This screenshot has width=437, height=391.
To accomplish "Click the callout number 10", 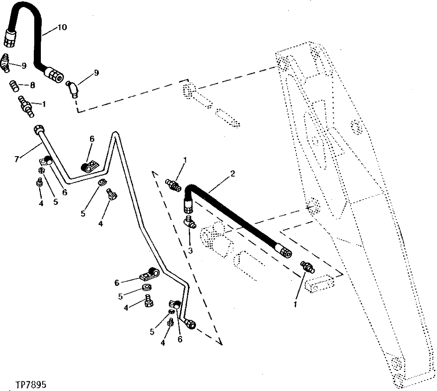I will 61,27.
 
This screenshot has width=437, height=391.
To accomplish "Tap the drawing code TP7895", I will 30,384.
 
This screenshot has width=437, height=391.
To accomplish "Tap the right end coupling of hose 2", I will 283,252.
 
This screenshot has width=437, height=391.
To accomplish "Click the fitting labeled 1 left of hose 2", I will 173,184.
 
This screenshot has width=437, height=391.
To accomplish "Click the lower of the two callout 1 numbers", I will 296,303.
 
